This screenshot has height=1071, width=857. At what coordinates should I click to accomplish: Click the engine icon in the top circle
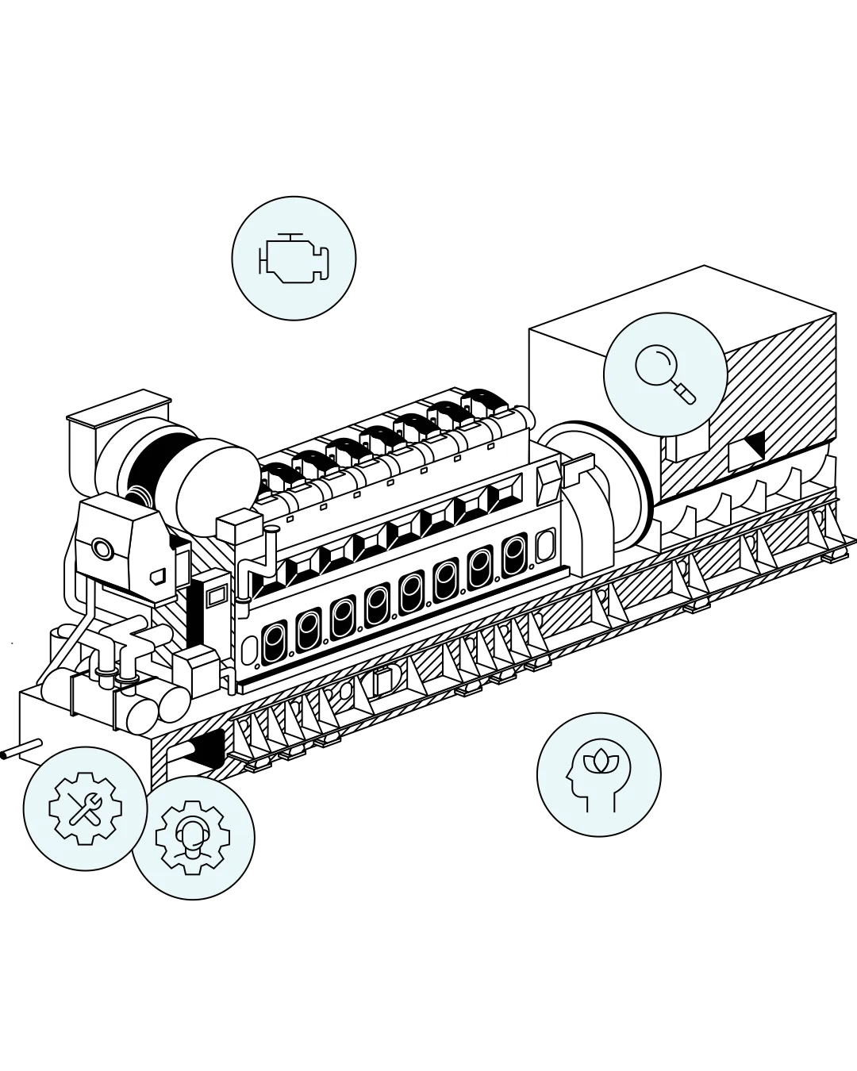coord(293,259)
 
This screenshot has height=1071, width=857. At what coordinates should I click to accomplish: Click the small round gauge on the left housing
coord(102,548)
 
